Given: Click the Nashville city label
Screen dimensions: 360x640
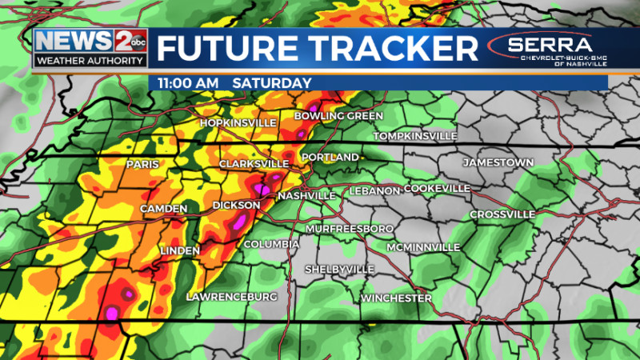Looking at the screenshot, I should pyautogui.click(x=306, y=196).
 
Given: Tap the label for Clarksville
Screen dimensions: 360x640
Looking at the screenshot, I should pyautogui.click(x=254, y=164).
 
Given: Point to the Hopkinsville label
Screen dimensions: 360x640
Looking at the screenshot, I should pyautogui.click(x=238, y=122).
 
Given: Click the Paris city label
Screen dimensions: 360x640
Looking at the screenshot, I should pyautogui.click(x=142, y=165).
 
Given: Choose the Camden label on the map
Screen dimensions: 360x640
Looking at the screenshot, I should pyautogui.click(x=163, y=209).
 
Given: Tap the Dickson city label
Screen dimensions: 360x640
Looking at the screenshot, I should pyautogui.click(x=236, y=206).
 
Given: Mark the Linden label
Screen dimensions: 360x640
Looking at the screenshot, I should pyautogui.click(x=180, y=250).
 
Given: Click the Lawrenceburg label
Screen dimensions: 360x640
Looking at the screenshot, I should pyautogui.click(x=231, y=297).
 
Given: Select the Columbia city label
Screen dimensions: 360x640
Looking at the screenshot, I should pyautogui.click(x=272, y=244).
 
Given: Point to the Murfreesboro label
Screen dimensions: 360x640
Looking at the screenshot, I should pyautogui.click(x=349, y=229).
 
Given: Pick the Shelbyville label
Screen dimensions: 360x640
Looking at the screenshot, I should pyautogui.click(x=339, y=269).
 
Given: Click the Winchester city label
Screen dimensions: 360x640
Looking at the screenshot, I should pyautogui.click(x=396, y=298).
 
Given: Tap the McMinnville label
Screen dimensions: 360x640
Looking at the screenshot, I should pyautogui.click(x=423, y=247).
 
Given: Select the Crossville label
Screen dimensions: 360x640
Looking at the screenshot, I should pyautogui.click(x=502, y=214).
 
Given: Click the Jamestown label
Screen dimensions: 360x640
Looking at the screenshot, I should pyautogui.click(x=498, y=162).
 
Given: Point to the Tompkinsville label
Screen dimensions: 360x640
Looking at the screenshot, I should pyautogui.click(x=415, y=136).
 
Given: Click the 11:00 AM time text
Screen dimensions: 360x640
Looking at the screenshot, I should pyautogui.click(x=189, y=83).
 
